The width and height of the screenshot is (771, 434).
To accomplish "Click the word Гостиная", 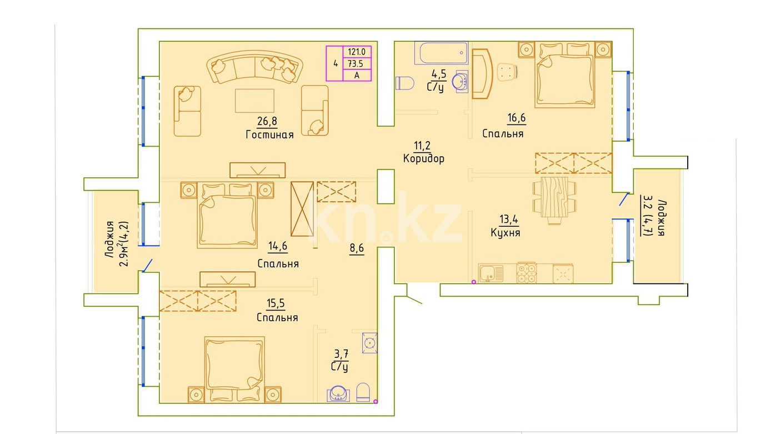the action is pos(270,134).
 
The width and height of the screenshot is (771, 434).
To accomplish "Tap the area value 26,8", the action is pos(267,121).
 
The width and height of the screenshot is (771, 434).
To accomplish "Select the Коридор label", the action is pos(424,158).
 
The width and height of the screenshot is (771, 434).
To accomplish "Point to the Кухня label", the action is pos(505,233).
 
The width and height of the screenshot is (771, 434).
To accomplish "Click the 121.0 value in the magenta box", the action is pos(357,52).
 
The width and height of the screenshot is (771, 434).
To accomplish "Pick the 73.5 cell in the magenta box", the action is pos(356,64).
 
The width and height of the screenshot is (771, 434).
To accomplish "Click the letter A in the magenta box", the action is pos(357,76).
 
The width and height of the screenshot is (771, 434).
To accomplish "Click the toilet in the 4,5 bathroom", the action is pos(404,83).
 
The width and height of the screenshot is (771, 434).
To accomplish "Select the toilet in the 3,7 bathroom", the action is pos(363,392).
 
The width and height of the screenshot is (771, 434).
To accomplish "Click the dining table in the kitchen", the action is pos(554,197).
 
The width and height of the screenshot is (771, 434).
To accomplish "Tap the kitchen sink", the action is pos(490,273).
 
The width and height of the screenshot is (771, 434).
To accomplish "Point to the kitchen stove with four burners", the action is pos(526,273).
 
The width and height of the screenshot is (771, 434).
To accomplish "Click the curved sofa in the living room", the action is pos(255,66).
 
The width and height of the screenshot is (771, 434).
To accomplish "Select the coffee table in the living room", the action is pos(255,101).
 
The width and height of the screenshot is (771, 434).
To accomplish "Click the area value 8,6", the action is pos(357,248).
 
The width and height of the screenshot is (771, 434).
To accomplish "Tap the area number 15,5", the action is pos(276,303).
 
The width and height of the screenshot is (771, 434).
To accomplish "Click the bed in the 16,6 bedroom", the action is pos(564,75).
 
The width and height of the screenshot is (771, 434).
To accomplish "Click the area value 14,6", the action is pos(278,246).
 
